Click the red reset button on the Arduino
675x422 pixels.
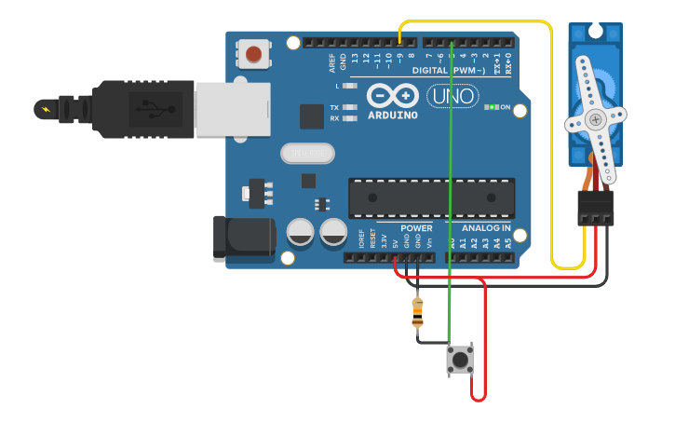point(253,54)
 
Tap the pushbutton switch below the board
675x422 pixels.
point(460,359)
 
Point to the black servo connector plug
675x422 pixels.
point(595,208)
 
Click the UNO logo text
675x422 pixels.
point(452,96)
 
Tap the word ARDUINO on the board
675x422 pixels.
point(392,116)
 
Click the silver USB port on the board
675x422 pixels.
point(232,110)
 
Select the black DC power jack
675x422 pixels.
point(244,238)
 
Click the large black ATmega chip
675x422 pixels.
point(431,197)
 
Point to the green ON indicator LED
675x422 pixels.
point(491,107)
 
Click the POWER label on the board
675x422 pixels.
point(416,228)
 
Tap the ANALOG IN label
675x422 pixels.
point(486,228)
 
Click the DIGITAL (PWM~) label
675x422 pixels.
point(449,70)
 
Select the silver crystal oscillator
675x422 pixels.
point(306,153)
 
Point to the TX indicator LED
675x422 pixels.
point(350,107)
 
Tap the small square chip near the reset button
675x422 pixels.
point(312,116)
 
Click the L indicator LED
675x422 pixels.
point(350,86)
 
